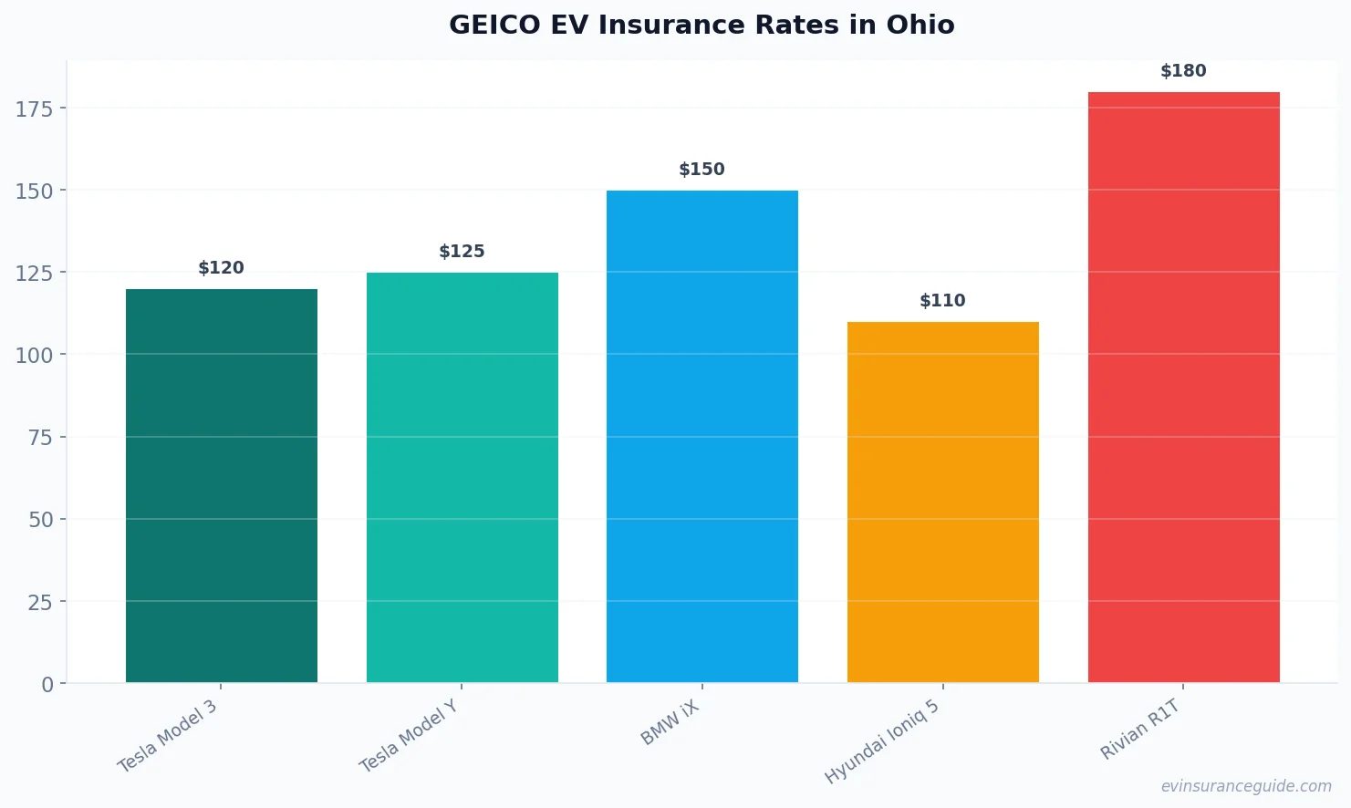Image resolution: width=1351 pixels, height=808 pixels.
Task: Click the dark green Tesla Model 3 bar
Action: (222, 485)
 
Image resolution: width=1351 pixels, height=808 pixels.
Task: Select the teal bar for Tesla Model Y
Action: (462, 477)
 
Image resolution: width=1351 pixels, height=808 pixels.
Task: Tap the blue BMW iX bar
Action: (701, 436)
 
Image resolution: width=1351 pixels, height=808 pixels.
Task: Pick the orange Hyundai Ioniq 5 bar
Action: (942, 502)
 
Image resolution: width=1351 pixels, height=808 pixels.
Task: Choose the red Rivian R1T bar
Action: (1183, 387)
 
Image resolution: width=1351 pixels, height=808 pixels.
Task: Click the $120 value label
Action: (222, 268)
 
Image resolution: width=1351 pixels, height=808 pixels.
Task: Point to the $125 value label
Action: (462, 252)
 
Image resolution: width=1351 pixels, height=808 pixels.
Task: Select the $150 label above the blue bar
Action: (701, 170)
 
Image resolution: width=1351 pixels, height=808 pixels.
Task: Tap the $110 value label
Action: (942, 301)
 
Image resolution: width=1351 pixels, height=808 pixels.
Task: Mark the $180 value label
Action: (1183, 71)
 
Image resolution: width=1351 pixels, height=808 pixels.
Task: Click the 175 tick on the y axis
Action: (35, 109)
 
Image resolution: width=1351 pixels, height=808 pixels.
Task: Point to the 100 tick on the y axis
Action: (35, 356)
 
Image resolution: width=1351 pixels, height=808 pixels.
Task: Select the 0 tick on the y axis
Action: (47, 685)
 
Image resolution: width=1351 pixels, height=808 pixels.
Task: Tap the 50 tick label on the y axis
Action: (41, 520)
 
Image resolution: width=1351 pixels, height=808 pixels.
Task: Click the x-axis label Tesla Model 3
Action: (168, 736)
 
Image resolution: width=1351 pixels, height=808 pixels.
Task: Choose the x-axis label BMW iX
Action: (670, 723)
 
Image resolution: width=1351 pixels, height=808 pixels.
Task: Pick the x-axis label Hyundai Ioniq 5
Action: (882, 741)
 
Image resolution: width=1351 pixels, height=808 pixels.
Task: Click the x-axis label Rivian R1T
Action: (1140, 730)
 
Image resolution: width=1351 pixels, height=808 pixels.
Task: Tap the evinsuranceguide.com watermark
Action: (1246, 786)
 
